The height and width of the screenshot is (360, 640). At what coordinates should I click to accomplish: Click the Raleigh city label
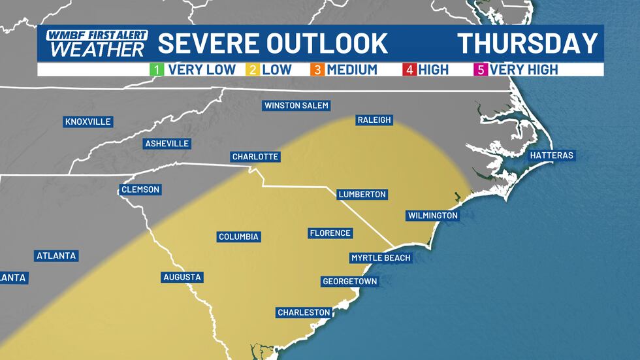coord(374,120)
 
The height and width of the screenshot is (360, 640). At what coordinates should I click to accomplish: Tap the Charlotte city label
coord(256,157)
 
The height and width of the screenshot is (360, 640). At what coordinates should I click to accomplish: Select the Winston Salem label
coord(296,105)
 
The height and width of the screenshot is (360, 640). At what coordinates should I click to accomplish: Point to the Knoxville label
coord(88,122)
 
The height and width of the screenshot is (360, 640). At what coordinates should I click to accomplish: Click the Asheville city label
coord(167,143)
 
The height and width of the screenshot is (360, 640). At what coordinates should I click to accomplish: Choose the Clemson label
coord(140,189)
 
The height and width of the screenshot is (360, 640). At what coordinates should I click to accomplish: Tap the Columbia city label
coord(239,237)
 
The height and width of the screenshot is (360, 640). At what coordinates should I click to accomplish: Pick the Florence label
coord(330,233)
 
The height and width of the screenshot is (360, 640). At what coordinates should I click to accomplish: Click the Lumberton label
coord(362,194)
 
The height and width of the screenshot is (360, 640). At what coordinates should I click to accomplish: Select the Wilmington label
coord(432,216)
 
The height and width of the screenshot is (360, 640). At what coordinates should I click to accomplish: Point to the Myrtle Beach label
coord(381,257)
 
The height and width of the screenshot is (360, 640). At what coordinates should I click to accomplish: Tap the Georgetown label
coord(350,282)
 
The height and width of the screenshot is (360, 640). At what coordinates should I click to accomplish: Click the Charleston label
coord(304,312)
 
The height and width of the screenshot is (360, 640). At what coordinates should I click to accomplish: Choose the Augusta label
coord(182,277)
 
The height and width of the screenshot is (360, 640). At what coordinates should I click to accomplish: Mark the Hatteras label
coord(552,155)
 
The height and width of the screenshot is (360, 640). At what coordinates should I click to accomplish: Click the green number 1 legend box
coord(158,69)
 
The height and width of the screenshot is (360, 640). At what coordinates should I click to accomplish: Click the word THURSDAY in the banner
coord(528,43)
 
